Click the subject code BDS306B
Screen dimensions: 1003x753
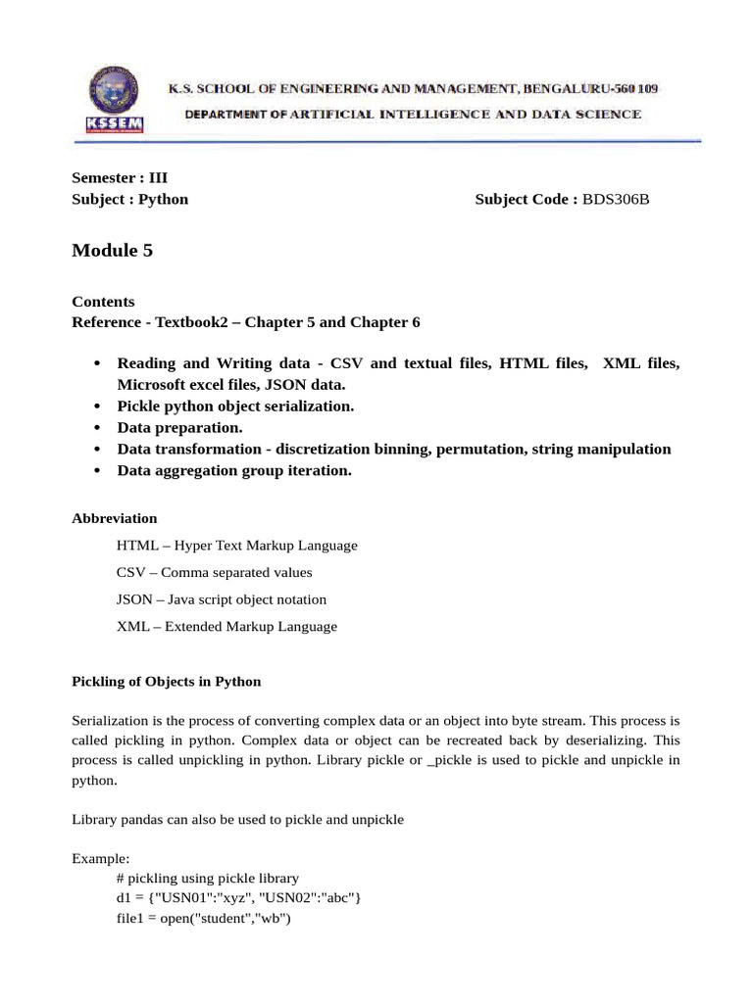tap(616, 200)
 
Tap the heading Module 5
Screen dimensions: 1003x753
tap(112, 251)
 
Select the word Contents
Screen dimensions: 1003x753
tap(103, 302)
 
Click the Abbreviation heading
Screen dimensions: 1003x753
tap(114, 518)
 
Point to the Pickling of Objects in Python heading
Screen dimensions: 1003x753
tap(166, 681)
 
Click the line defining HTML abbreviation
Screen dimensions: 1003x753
tap(236, 546)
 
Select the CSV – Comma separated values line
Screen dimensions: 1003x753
tap(214, 572)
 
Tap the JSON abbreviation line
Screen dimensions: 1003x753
tap(221, 599)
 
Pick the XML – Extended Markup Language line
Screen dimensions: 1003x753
tap(226, 627)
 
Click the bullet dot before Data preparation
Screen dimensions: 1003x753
tap(97, 428)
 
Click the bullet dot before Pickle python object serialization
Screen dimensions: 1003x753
tap(97, 406)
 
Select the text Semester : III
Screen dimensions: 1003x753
tap(120, 178)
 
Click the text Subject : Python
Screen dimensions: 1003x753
tap(129, 200)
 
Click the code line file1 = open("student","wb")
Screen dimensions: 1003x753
tap(204, 920)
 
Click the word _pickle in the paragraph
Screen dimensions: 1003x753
tap(452, 760)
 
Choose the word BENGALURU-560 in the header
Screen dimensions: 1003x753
tap(577, 89)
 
